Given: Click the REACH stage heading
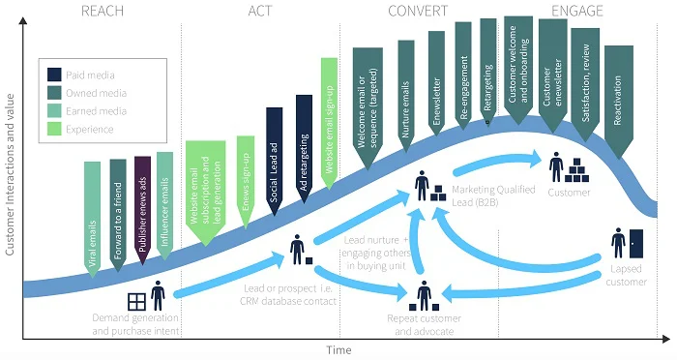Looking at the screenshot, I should click(x=103, y=11).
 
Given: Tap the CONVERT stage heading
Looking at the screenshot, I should click(x=417, y=11).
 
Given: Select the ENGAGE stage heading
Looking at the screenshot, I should click(x=576, y=11).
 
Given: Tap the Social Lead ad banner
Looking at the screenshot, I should click(x=274, y=155).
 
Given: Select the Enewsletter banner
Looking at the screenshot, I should click(x=435, y=82).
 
